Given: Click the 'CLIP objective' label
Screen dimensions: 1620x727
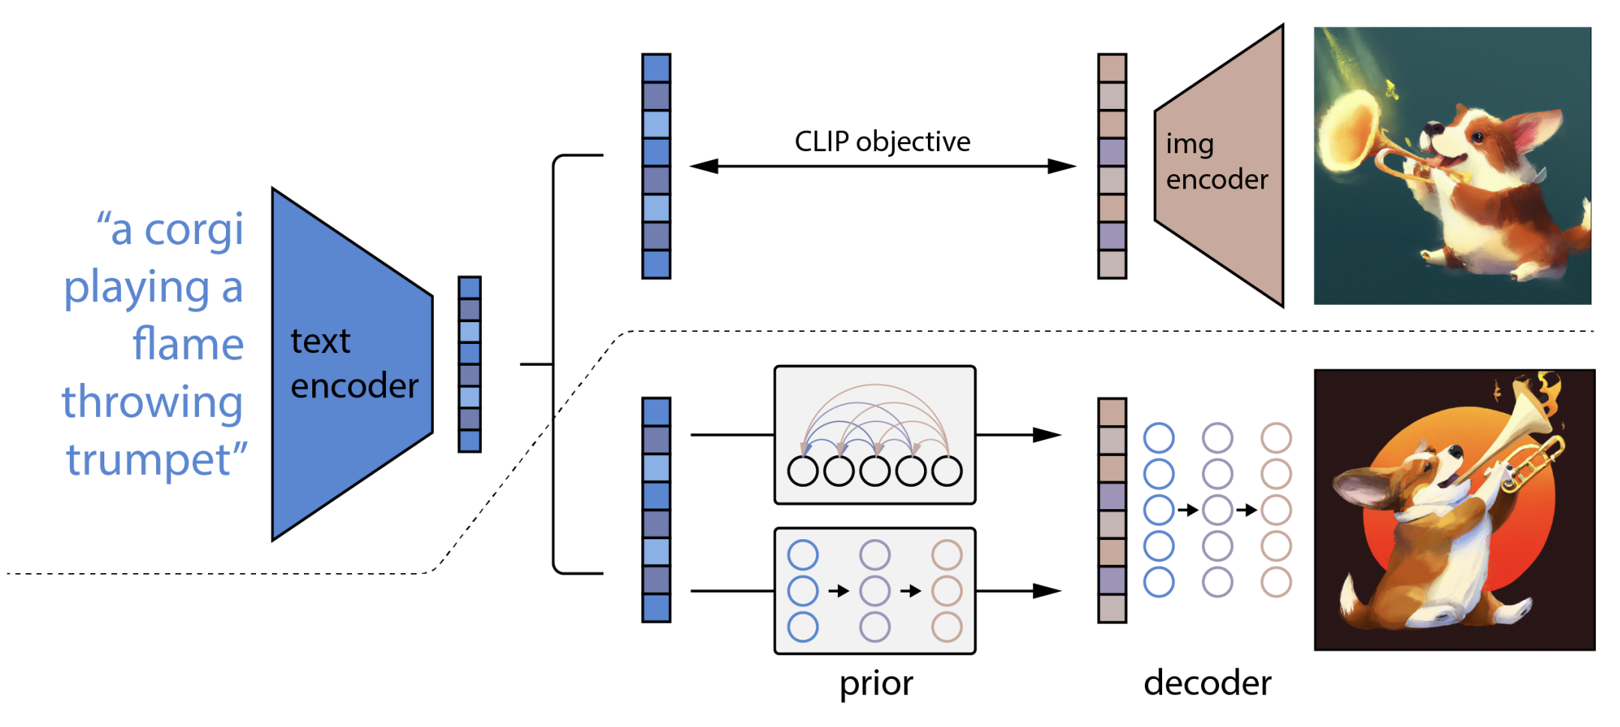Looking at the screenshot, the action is click(x=882, y=141).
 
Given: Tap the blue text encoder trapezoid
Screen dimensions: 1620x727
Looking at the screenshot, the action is click(x=352, y=364).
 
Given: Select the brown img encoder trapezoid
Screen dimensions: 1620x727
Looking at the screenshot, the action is click(x=1219, y=165).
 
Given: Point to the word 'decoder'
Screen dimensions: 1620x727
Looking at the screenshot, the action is click(x=1207, y=683).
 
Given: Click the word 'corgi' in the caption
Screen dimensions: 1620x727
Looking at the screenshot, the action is click(x=194, y=229).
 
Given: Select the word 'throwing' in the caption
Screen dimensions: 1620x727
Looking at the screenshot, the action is click(x=152, y=402).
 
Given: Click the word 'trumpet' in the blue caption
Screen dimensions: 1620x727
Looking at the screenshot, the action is click(x=150, y=459).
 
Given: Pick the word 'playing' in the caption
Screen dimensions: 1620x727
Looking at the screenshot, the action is click(x=137, y=288).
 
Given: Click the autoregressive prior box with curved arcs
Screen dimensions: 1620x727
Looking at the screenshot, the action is click(x=875, y=435).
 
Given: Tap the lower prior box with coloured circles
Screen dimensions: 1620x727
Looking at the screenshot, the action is click(x=875, y=591).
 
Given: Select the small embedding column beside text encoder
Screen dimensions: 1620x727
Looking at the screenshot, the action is click(x=469, y=364).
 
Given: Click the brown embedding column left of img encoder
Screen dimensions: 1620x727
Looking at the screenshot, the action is click(x=1112, y=166).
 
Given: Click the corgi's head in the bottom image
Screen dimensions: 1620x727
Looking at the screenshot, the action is click(x=1426, y=469).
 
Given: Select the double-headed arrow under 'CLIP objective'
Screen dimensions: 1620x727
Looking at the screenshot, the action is click(x=882, y=166).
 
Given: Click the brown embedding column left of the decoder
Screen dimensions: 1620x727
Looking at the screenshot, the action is click(x=1112, y=510).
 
